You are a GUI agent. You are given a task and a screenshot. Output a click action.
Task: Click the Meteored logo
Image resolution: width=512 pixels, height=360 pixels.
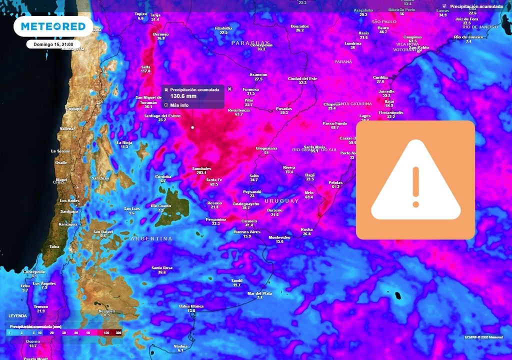(x=52, y=26)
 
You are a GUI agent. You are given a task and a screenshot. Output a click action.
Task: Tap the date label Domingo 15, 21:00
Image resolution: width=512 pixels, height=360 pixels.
(x=53, y=44)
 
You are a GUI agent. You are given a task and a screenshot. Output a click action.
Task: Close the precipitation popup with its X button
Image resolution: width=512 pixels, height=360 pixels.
(x=229, y=88)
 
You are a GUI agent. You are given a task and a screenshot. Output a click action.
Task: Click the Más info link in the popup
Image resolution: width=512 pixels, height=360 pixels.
(x=179, y=105)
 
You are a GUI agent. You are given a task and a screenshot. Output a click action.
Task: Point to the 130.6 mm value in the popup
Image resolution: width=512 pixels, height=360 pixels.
(x=184, y=96)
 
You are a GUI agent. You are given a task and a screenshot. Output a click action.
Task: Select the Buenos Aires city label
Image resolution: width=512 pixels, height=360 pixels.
(x=247, y=232)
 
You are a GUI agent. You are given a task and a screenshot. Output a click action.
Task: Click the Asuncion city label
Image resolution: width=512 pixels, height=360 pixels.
(x=258, y=75)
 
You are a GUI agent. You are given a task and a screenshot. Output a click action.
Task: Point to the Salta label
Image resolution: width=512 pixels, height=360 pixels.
(x=145, y=66)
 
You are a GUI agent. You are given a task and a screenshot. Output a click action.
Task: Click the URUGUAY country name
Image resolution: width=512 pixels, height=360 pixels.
(x=281, y=201)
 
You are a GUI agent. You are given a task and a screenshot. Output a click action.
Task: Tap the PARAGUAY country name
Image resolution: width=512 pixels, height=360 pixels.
(x=250, y=43)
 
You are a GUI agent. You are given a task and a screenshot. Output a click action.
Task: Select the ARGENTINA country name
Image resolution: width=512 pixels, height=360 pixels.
(x=151, y=239)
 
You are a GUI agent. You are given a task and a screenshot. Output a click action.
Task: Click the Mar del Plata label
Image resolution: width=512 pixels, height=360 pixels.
(x=260, y=293)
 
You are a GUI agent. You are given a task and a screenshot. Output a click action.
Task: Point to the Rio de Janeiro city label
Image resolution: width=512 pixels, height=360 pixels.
(x=468, y=37)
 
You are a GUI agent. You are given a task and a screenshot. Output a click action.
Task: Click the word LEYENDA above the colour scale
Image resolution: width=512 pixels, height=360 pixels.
(x=17, y=316)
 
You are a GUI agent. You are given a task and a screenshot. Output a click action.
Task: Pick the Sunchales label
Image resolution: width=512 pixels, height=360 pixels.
(x=201, y=169)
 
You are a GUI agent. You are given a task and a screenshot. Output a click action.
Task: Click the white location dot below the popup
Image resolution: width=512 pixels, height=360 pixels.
(x=192, y=127)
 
